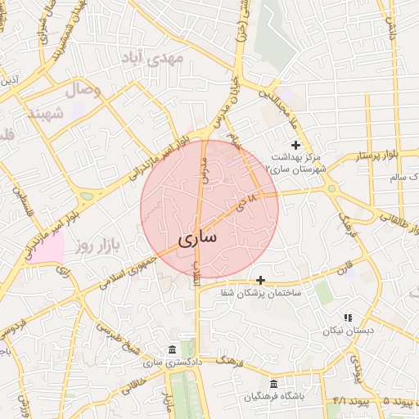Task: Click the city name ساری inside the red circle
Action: click(197, 239)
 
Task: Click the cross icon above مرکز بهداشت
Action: click(295, 145)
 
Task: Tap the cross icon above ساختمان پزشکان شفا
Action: click(260, 280)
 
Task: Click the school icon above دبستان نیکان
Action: click(347, 318)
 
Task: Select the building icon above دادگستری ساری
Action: click(170, 349)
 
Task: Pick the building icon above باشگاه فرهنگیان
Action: click(273, 384)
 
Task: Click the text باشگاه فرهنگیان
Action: click(274, 397)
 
